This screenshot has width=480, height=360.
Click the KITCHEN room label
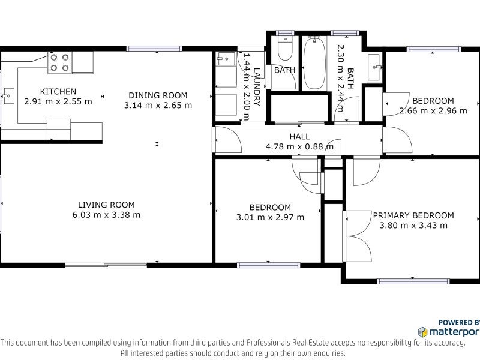(x=58, y=91)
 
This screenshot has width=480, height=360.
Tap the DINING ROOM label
(x=158, y=95)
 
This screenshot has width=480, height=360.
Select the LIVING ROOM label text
(x=106, y=205)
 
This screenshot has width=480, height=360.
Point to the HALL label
(x=299, y=136)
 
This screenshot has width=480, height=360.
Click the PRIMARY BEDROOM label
(x=413, y=215)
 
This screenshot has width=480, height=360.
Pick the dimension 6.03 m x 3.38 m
(x=106, y=215)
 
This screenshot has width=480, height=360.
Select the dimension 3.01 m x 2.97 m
(x=270, y=217)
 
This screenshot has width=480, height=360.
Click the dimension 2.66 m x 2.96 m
(x=433, y=110)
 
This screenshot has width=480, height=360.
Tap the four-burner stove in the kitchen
(x=59, y=62)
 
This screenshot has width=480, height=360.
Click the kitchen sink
(x=8, y=96)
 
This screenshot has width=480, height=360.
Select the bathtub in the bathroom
(x=314, y=63)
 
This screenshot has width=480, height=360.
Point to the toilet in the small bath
(x=285, y=49)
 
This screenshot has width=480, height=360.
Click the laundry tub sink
(x=226, y=59)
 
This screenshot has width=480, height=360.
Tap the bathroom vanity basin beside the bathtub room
(x=374, y=67)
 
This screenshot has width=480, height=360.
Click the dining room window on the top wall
(x=154, y=49)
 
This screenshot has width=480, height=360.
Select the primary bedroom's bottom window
(x=413, y=281)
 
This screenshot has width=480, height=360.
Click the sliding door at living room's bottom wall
(x=106, y=265)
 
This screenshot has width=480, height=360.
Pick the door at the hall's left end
(x=228, y=140)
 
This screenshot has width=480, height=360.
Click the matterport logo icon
(x=423, y=332)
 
